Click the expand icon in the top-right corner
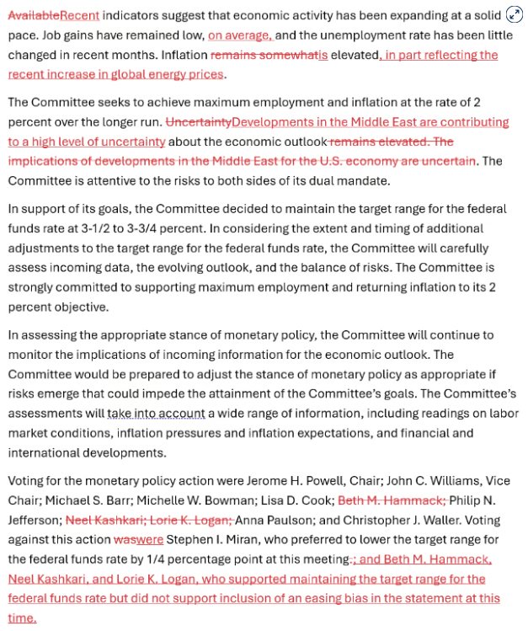(514, 14)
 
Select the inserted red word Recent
(80, 15)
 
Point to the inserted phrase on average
(240, 35)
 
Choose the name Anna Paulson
(272, 520)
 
